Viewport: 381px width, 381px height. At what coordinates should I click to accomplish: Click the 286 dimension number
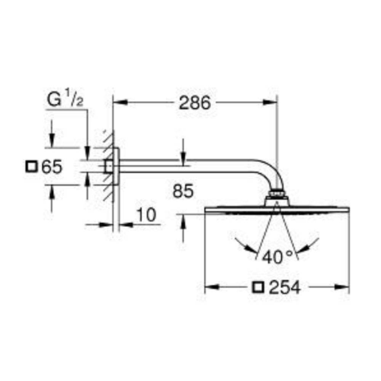pyautogui.click(x=195, y=103)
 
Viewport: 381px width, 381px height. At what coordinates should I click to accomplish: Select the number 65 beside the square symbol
pyautogui.click(x=52, y=167)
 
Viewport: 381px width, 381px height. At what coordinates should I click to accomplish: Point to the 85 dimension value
pyautogui.click(x=183, y=191)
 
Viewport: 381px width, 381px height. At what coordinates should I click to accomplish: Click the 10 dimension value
pyautogui.click(x=147, y=215)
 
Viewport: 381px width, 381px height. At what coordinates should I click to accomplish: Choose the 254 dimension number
pyautogui.click(x=285, y=287)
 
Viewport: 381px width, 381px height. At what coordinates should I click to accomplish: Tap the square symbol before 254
pyautogui.click(x=258, y=287)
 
